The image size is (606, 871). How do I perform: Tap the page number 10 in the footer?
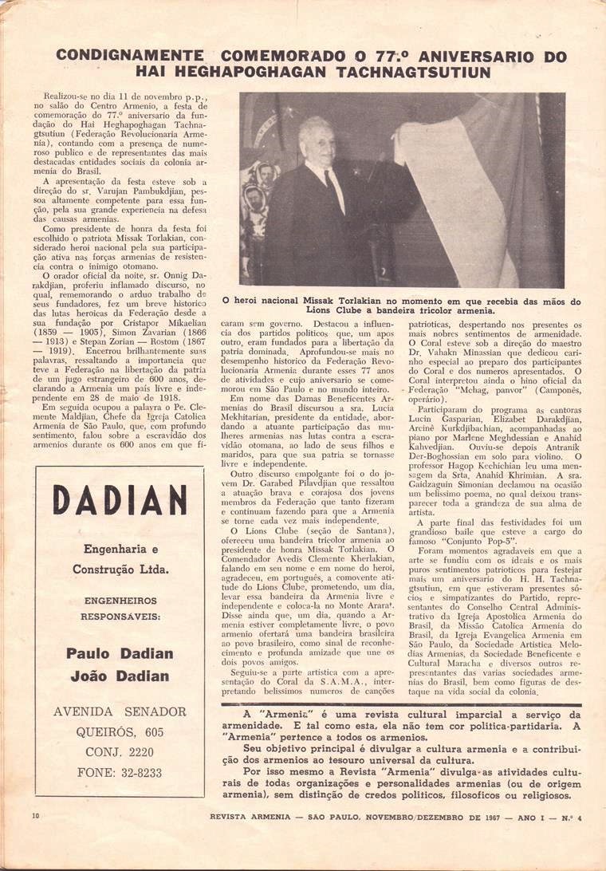pos(36,837)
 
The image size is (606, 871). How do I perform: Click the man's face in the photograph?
pos(316,145)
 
